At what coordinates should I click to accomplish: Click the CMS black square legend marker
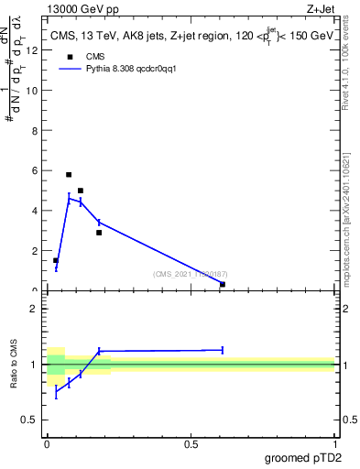point(69,57)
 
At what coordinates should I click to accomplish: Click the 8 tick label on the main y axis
point(35,130)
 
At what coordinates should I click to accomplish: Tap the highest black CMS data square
point(69,174)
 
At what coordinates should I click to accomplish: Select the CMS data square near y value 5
point(81,191)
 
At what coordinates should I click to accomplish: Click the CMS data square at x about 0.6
point(223,284)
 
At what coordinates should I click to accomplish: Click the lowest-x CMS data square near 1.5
point(56,260)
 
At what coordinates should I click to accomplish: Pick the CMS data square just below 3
point(99,233)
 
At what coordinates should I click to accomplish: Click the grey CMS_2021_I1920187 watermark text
point(189,273)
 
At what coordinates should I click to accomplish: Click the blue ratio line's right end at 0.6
point(223,349)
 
